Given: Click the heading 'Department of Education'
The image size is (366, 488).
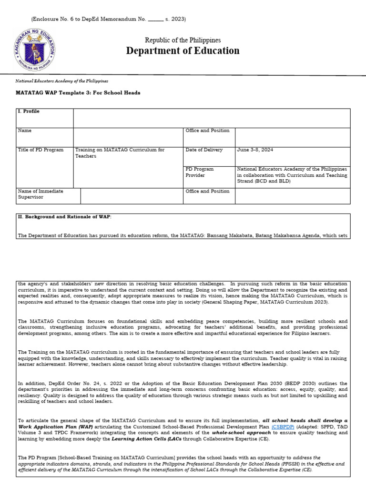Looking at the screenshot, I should (x=183, y=51).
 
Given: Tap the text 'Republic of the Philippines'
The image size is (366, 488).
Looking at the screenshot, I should (x=183, y=40).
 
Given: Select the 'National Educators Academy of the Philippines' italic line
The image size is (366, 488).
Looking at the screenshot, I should (x=62, y=81).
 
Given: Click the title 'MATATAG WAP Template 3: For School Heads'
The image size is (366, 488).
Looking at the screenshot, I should (x=79, y=92).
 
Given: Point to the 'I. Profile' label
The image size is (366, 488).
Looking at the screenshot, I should (x=29, y=112).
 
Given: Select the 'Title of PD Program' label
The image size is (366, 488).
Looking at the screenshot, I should (x=41, y=150).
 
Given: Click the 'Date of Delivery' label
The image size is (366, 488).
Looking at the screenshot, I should (x=204, y=150).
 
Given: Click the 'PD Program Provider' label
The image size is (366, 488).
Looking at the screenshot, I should (x=200, y=172).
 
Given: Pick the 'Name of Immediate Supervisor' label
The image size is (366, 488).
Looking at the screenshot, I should (x=41, y=194).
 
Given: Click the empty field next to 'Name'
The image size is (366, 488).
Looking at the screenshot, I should (x=128, y=137).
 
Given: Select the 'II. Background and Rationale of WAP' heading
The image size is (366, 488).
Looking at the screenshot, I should (x=64, y=216).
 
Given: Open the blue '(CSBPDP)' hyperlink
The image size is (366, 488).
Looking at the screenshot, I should (x=283, y=427).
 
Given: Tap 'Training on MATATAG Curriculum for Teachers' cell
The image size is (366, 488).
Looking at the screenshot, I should (x=120, y=152).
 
